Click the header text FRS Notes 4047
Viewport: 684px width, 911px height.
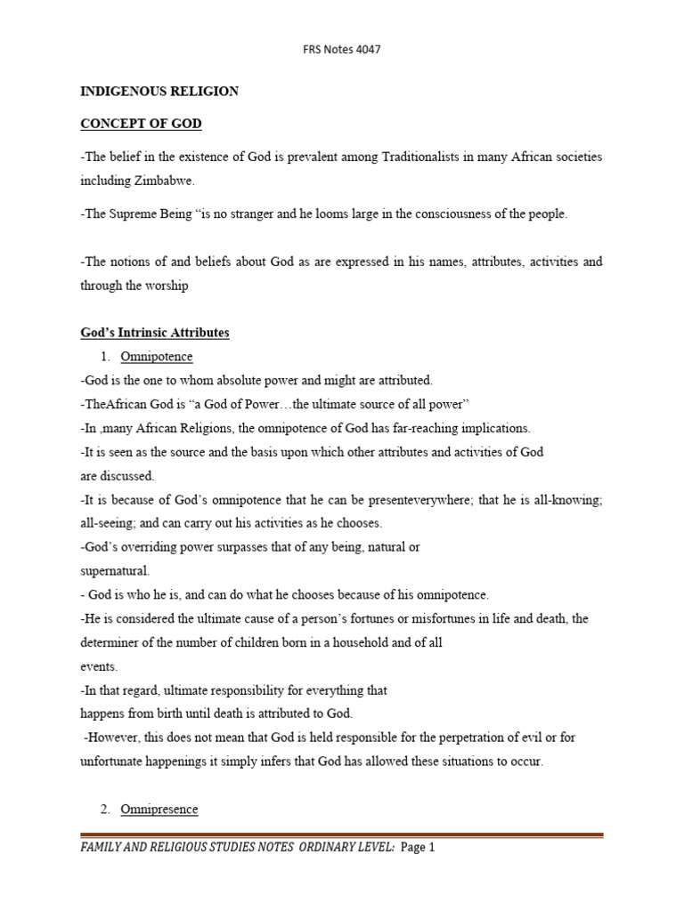(x=342, y=50)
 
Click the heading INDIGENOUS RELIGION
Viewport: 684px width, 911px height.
(x=160, y=91)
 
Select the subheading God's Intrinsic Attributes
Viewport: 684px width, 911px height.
(x=154, y=333)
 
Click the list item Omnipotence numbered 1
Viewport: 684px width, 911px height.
(x=159, y=357)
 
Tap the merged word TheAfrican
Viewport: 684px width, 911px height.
(x=113, y=404)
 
